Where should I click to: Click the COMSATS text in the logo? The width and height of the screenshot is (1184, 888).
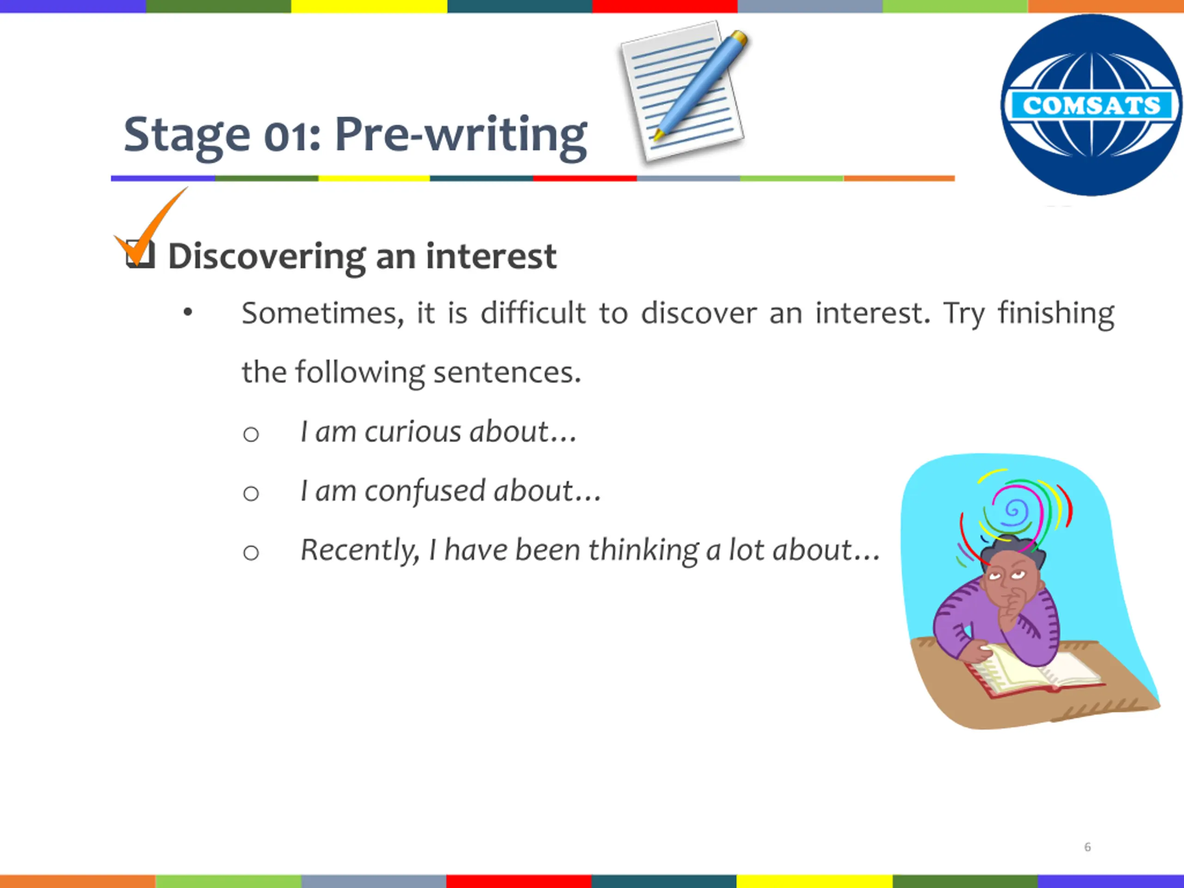1091,105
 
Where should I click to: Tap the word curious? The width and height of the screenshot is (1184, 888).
412,432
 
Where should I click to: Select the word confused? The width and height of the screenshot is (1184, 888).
425,491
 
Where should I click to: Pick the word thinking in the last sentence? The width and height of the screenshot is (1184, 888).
643,550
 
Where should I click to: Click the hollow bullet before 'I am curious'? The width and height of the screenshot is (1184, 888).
251,433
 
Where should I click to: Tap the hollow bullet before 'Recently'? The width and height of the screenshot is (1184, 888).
251,552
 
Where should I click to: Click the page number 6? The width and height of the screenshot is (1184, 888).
1087,847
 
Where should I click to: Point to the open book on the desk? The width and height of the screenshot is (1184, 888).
1035,672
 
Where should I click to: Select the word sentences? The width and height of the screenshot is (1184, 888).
507,372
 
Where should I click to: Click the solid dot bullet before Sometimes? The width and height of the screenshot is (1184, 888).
187,312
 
